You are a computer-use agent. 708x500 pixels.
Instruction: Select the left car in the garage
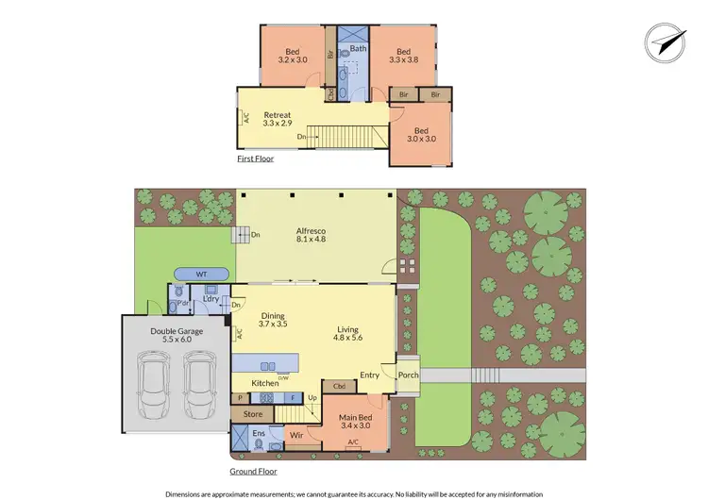153,385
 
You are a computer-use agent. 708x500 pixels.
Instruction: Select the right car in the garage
198,385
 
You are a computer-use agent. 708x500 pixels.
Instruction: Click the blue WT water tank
200,274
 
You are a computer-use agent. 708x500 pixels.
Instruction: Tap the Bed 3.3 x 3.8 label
403,57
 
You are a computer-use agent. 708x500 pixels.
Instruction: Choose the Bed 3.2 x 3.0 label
292,56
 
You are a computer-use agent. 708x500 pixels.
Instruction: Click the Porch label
408,375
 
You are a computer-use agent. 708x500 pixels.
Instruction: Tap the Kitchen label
264,383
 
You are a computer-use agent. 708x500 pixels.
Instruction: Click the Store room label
253,414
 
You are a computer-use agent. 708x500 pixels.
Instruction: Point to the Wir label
295,436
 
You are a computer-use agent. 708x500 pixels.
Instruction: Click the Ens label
259,433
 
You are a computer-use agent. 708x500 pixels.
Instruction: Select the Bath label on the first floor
358,48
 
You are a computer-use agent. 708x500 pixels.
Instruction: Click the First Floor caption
256,159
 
